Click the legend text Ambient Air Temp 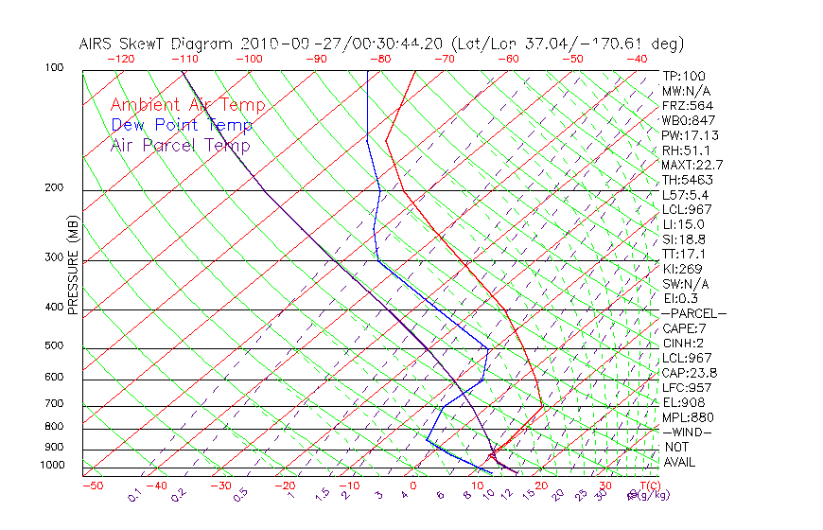point(187,105)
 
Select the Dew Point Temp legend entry point(181,125)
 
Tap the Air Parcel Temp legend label point(180,145)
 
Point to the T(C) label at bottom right point(650,486)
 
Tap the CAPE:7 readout point(685,328)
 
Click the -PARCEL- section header point(693,313)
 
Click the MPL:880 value point(688,417)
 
